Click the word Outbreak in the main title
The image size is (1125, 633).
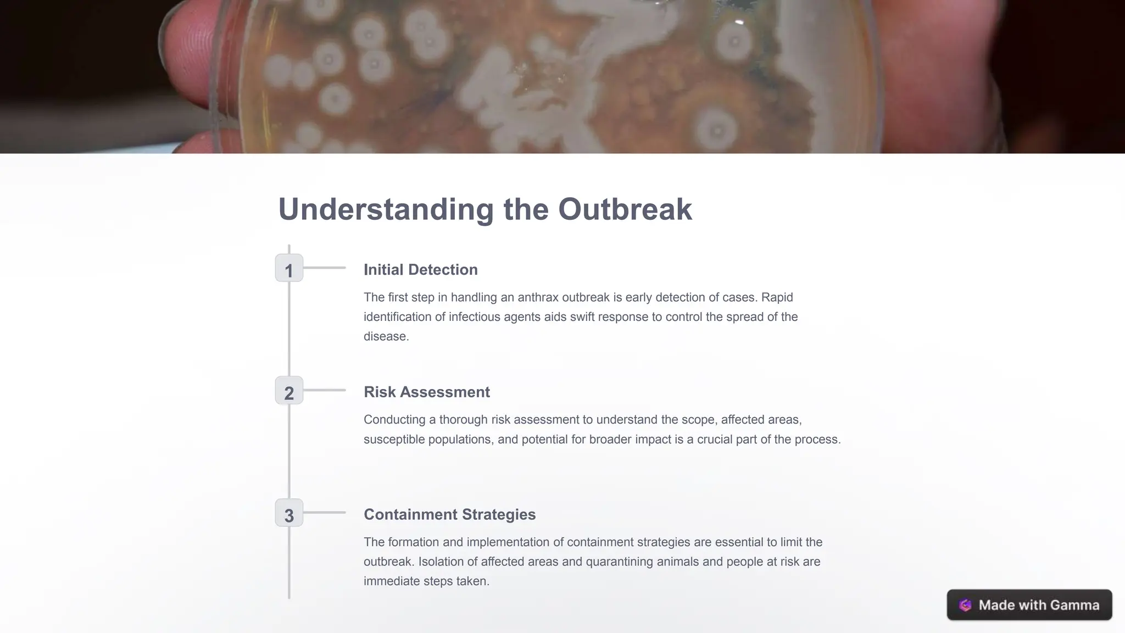[625, 209]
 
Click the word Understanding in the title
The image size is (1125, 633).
[386, 209]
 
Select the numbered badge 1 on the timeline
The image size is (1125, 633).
[289, 269]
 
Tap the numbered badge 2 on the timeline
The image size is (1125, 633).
[289, 391]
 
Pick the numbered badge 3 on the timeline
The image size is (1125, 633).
[289, 514]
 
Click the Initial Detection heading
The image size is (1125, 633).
[420, 270]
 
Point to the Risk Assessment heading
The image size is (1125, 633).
[426, 392]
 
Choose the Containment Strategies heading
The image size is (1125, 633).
[449, 515]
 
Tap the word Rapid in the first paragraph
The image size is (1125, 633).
[777, 298]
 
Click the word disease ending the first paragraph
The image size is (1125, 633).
[385, 337]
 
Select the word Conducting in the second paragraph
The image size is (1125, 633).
[394, 420]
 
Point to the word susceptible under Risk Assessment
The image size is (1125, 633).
[394, 440]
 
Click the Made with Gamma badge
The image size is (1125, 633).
[1029, 605]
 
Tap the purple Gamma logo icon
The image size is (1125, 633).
[965, 605]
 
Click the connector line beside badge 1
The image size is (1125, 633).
[324, 268]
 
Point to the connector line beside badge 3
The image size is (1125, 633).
[324, 513]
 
